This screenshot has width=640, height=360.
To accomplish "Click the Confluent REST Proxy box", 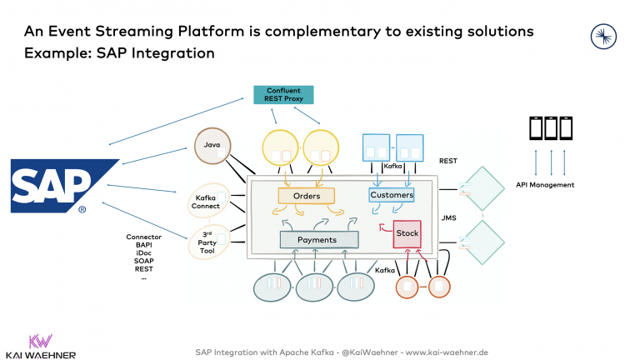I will (283, 94).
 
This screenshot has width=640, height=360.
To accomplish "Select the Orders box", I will (306, 196).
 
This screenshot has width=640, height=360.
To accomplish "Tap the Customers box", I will (392, 195).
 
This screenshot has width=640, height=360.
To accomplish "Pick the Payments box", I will (318, 240).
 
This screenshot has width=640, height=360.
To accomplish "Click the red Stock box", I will (407, 234).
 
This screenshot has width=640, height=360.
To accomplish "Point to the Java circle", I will (212, 146).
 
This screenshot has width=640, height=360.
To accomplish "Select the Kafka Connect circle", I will (207, 200).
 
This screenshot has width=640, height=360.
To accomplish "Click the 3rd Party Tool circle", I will (207, 242).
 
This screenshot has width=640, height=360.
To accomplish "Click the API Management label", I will (545, 184).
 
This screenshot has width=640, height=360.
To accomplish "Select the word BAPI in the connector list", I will (143, 245).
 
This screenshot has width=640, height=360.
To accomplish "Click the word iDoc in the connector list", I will (143, 253).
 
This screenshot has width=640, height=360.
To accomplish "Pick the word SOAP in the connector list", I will (143, 262).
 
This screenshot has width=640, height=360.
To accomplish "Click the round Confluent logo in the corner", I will (602, 35).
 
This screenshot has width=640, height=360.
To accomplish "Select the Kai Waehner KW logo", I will (40, 342).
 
